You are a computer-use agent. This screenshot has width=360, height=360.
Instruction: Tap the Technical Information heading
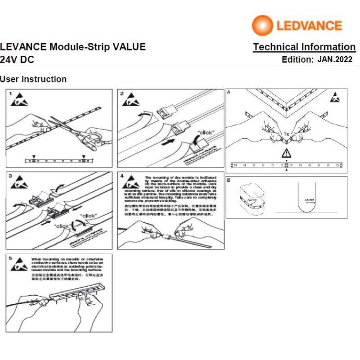pyautogui.click(x=304, y=47)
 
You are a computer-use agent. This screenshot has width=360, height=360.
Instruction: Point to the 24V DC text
pyautogui.click(x=17, y=59)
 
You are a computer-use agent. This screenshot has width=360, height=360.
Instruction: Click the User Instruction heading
pyautogui.click(x=33, y=79)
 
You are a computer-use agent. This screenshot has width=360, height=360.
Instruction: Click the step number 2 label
pyautogui.click(x=122, y=94)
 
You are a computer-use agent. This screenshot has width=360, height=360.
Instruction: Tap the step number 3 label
pyautogui.click(x=11, y=177)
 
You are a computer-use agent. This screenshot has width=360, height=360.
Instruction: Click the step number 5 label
pyautogui.click(x=11, y=259)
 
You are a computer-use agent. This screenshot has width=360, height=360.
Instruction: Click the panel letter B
pyautogui.click(x=229, y=180)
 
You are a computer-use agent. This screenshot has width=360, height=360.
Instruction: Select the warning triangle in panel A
pyautogui.click(x=287, y=153)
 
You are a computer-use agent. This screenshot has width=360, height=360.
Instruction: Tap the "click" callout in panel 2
pyautogui.click(x=205, y=132)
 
